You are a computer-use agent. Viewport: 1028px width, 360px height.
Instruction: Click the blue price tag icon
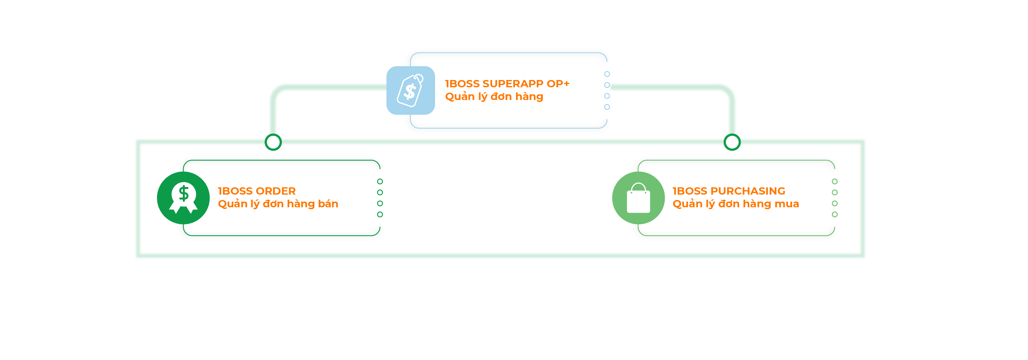click(x=411, y=90)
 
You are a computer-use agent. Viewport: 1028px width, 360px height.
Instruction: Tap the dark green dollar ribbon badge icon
click(x=183, y=198)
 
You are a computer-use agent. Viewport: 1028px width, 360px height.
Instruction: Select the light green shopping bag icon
click(x=638, y=198)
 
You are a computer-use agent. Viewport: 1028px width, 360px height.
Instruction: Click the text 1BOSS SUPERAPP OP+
click(x=507, y=84)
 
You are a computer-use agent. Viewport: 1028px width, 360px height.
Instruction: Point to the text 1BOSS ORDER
click(x=257, y=191)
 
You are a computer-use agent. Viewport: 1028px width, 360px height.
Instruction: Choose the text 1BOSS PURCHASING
click(x=729, y=191)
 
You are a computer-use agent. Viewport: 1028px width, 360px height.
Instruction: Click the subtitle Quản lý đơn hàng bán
click(x=278, y=204)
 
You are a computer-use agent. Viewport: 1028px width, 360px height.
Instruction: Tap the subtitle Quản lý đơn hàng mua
click(x=735, y=204)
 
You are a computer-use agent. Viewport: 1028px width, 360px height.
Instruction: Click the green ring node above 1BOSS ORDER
click(x=273, y=142)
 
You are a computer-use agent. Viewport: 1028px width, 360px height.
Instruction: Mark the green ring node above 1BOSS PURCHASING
click(x=732, y=142)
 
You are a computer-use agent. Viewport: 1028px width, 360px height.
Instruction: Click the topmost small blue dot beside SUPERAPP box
click(x=607, y=74)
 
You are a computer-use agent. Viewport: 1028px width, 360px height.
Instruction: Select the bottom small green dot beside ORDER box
click(x=380, y=215)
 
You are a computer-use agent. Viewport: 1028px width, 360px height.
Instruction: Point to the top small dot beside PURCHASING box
click(x=834, y=182)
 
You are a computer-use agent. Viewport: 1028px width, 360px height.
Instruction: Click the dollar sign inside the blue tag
click(x=410, y=91)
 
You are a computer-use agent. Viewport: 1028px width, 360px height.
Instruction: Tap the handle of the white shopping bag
click(x=638, y=186)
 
